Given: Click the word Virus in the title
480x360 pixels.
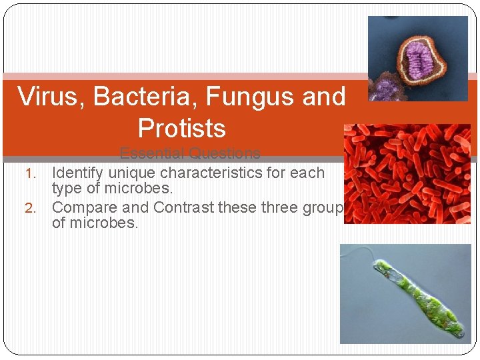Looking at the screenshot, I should click(x=51, y=97).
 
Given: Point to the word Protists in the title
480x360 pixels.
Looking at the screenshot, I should click(x=181, y=128).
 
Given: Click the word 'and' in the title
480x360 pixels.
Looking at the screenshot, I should click(x=324, y=97).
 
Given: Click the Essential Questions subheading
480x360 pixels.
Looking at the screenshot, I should click(x=190, y=153).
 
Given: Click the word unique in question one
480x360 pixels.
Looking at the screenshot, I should click(x=129, y=173).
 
